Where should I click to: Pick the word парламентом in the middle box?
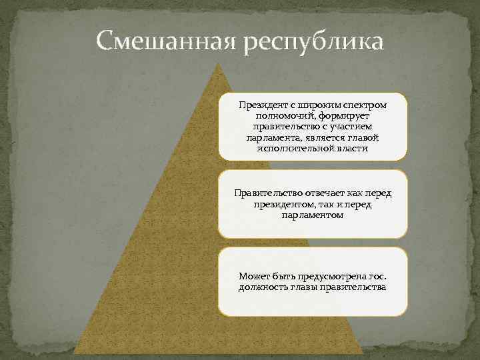coord(313,215)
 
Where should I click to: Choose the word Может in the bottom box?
coord(254,276)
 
